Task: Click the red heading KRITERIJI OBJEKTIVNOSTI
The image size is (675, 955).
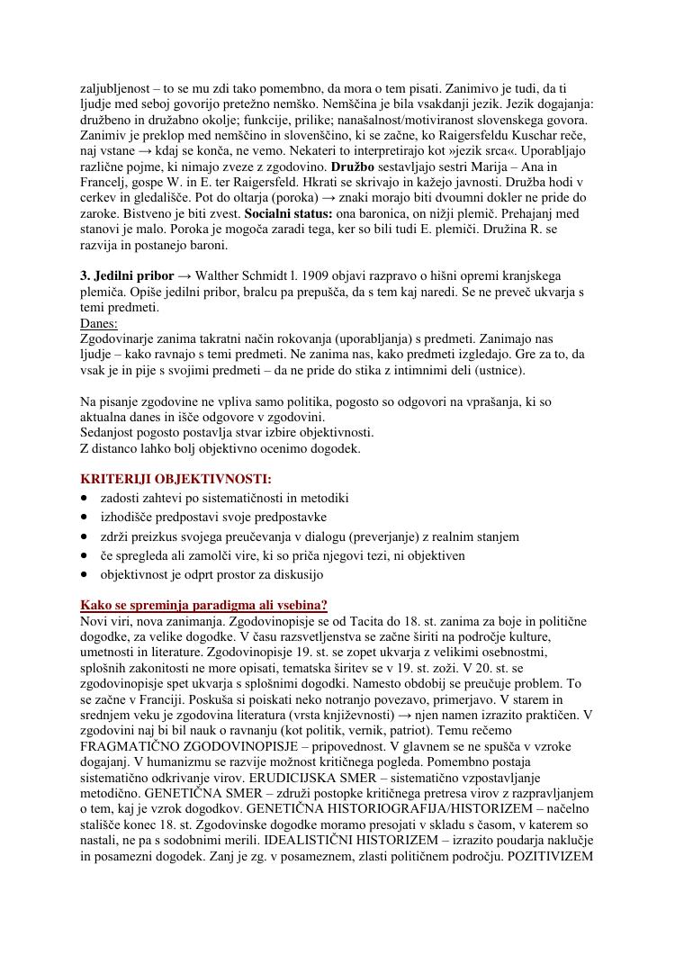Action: point(175,479)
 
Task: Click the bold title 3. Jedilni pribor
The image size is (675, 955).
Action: point(127,275)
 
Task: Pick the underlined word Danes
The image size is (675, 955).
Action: point(99,322)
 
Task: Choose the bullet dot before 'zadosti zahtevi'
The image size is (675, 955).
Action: point(85,498)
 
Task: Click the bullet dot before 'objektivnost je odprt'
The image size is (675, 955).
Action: point(85,574)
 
